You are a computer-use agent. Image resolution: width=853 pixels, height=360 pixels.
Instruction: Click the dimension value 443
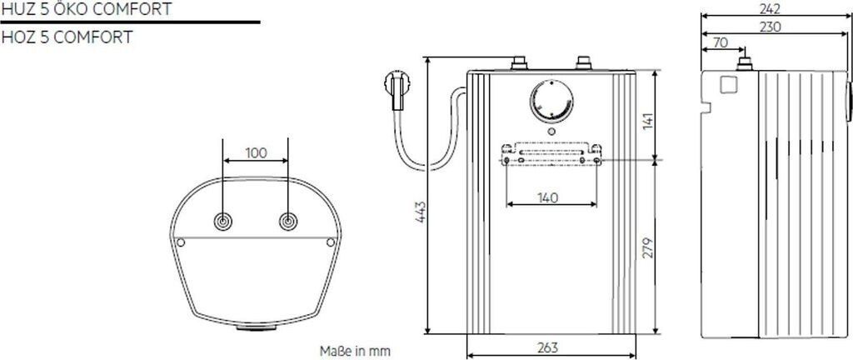[x=420, y=212]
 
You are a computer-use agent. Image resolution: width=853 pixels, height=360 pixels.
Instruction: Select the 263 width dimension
[x=548, y=347]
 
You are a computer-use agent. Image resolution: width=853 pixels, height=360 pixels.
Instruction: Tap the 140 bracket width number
[x=548, y=198]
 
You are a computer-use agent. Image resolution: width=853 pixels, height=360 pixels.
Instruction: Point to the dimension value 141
[x=648, y=121]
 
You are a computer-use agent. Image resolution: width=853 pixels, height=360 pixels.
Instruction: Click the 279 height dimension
[x=648, y=247]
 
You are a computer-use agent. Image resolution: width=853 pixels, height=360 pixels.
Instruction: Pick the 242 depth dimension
[x=770, y=8]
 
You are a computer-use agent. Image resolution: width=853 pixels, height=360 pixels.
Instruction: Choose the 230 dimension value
[x=770, y=27]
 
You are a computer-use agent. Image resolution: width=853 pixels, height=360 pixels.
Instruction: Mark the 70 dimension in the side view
[x=721, y=42]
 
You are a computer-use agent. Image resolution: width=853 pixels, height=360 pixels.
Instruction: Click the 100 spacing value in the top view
[x=257, y=152]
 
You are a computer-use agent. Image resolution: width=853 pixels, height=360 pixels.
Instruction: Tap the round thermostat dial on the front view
[x=551, y=102]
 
